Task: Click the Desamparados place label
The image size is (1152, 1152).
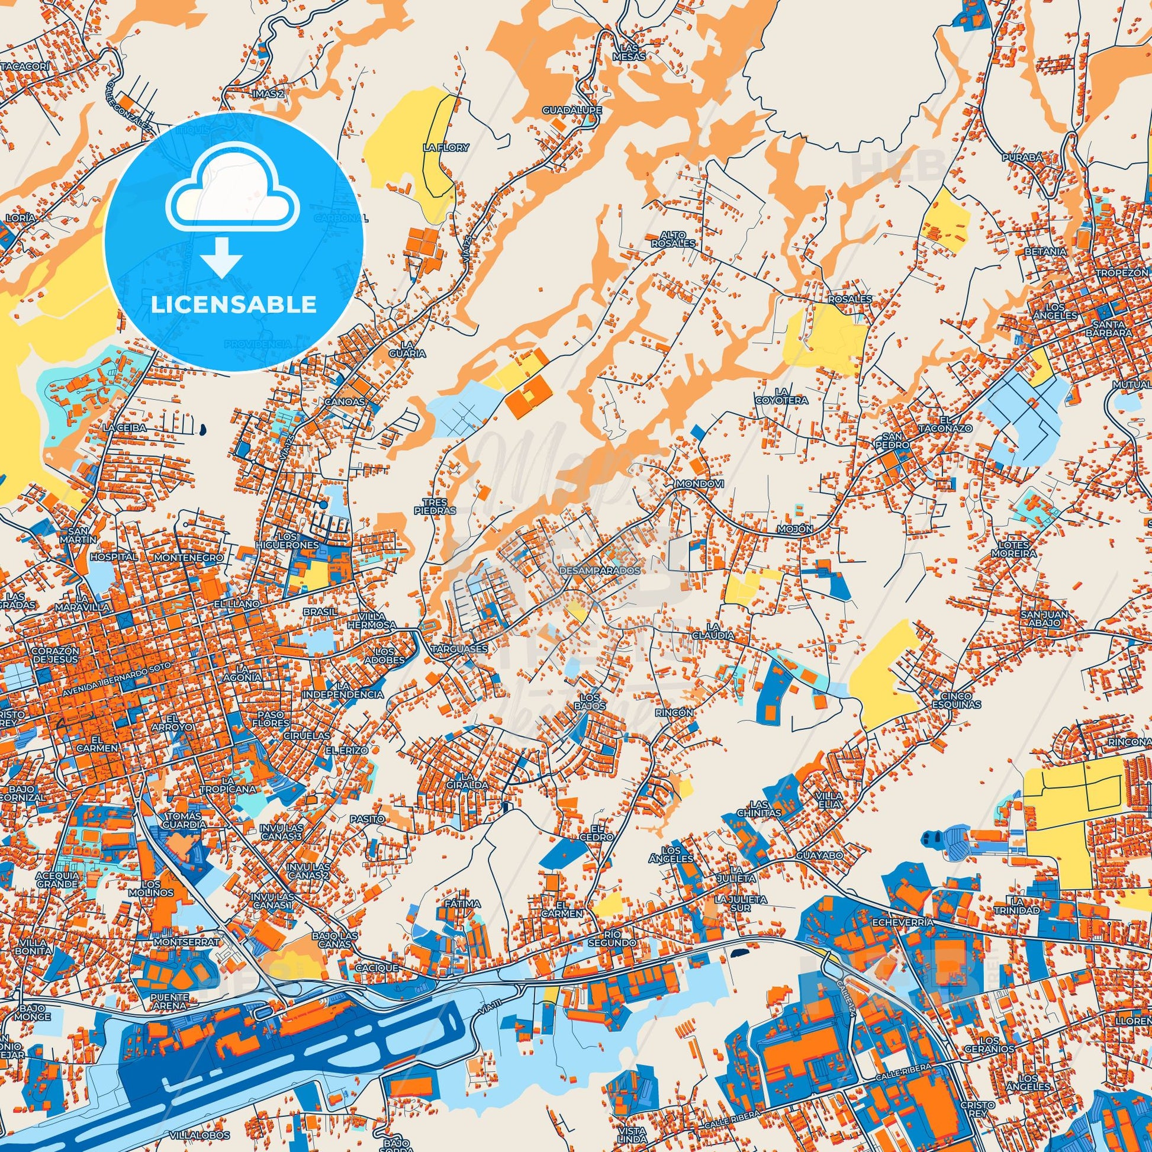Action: click(x=600, y=571)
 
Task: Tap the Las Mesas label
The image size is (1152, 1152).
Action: click(x=633, y=53)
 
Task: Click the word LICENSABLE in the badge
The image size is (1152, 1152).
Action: click(x=233, y=305)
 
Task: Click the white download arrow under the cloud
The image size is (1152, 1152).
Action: click(x=221, y=257)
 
